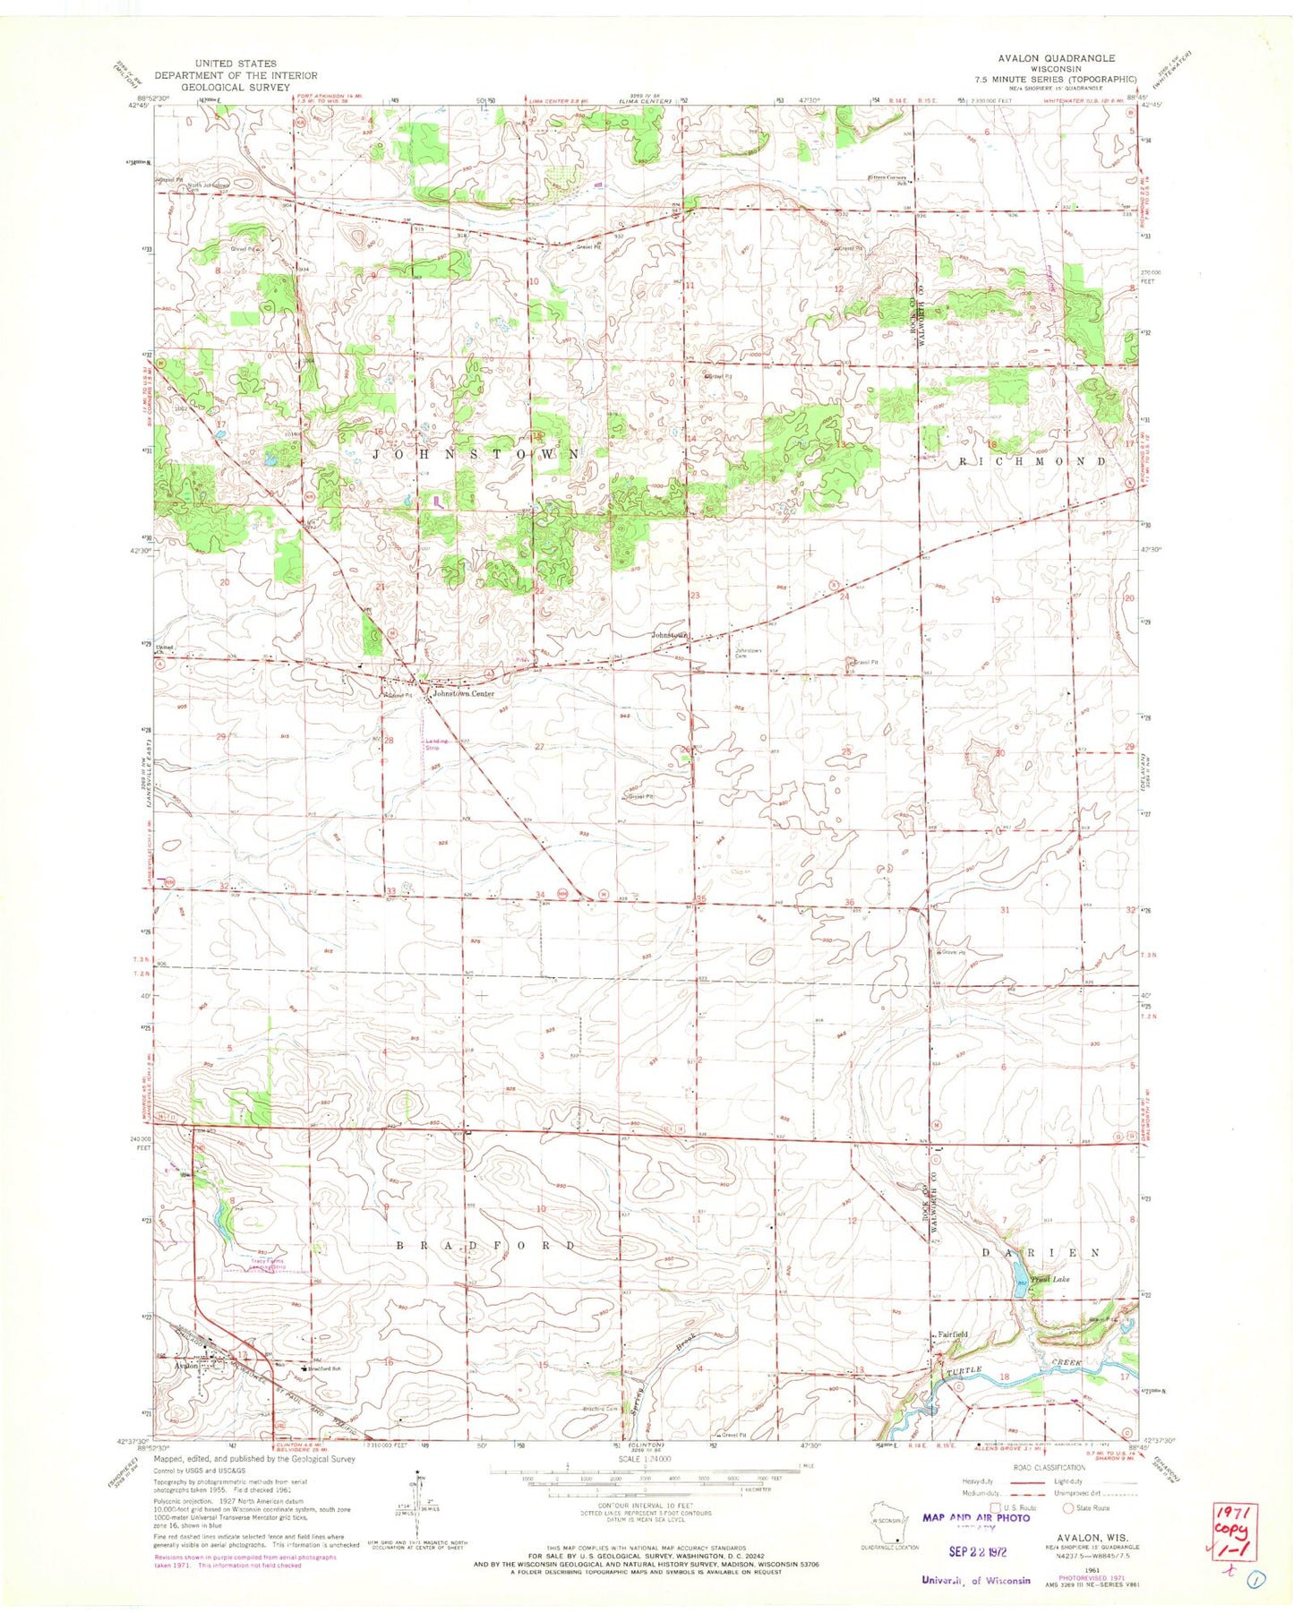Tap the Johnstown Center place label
463,693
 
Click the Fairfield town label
953,1334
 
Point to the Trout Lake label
1050,1280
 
